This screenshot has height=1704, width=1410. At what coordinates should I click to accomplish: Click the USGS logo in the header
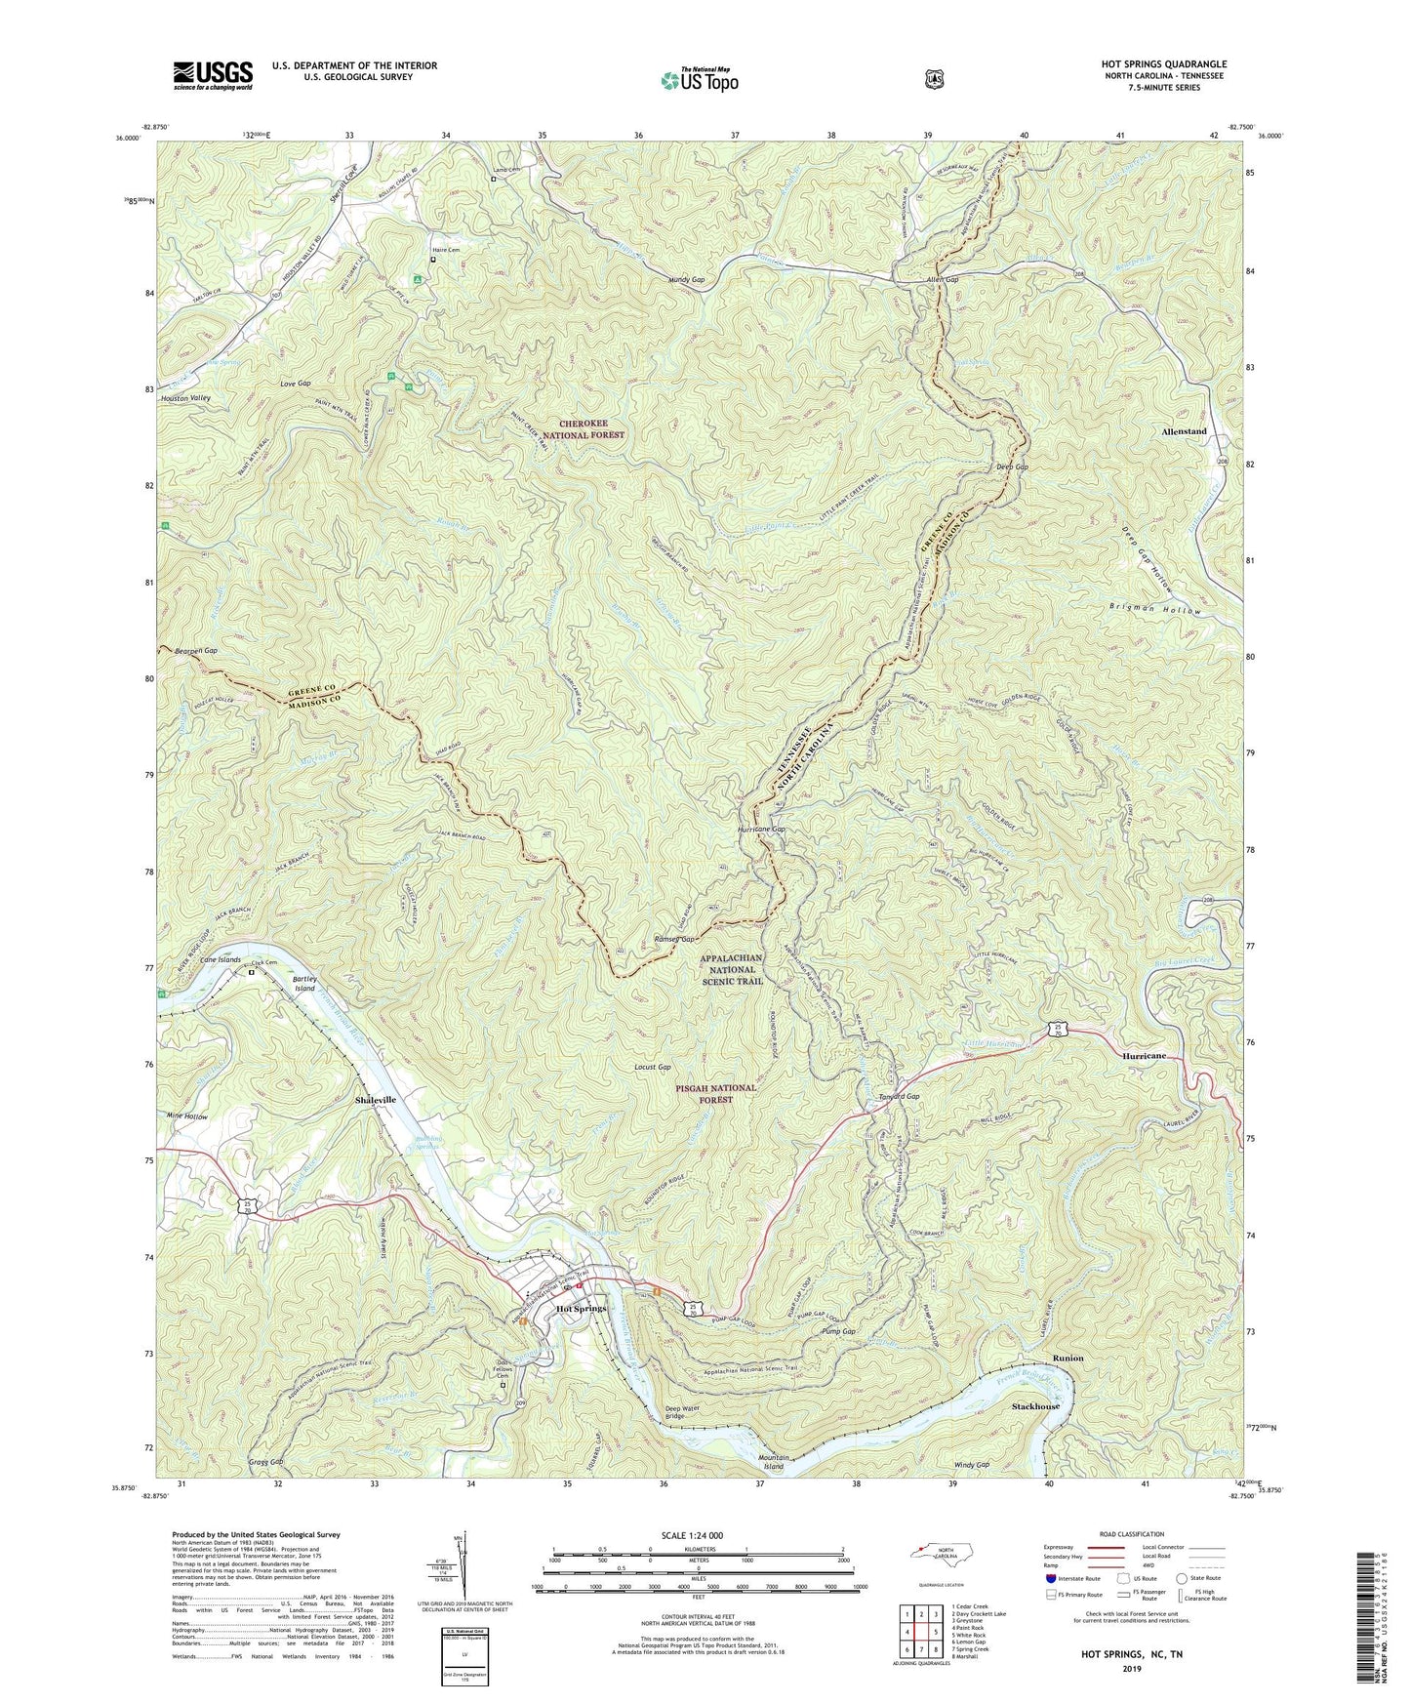pyautogui.click(x=213, y=74)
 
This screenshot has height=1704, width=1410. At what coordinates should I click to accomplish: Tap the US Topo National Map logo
pyautogui.click(x=699, y=80)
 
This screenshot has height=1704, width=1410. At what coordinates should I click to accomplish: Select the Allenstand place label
pyautogui.click(x=1184, y=431)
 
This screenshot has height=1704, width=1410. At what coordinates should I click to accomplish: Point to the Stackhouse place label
pyautogui.click(x=1035, y=1406)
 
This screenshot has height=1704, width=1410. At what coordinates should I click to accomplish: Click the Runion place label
pyautogui.click(x=1068, y=1358)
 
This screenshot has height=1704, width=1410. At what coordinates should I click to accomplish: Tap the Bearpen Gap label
pyautogui.click(x=196, y=650)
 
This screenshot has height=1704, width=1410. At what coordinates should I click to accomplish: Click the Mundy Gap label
pyautogui.click(x=686, y=279)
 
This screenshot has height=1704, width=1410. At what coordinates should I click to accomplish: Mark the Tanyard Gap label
pyautogui.click(x=899, y=1096)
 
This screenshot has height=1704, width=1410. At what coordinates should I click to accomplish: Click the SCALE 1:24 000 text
pyautogui.click(x=692, y=1535)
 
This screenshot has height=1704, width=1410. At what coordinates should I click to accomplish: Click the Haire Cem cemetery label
pyautogui.click(x=446, y=250)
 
